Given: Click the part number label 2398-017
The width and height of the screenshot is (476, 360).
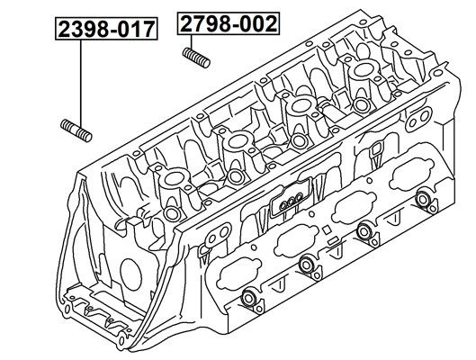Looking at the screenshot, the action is [106, 29].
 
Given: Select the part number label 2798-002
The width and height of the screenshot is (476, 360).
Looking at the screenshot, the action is [228, 23].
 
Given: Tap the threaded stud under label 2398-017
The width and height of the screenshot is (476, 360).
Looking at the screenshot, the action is [76, 130].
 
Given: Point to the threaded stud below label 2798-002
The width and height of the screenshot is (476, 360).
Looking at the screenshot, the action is [196, 58].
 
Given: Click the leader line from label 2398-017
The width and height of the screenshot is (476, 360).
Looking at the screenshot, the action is [81, 84].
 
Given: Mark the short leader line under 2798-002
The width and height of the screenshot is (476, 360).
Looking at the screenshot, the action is [192, 42].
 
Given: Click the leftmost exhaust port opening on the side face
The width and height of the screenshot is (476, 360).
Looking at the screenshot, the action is [239, 274].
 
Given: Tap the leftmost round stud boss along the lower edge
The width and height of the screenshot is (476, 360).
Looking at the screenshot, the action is [249, 298].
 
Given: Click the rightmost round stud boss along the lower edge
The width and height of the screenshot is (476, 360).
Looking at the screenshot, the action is [422, 199].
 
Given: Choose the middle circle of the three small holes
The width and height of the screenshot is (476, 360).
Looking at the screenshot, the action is [292, 202].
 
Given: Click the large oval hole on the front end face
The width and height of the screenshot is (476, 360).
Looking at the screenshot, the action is [131, 274].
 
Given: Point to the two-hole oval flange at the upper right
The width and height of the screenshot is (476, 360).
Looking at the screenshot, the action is [418, 119].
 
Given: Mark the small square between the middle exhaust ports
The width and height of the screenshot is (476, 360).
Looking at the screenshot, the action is [327, 229].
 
